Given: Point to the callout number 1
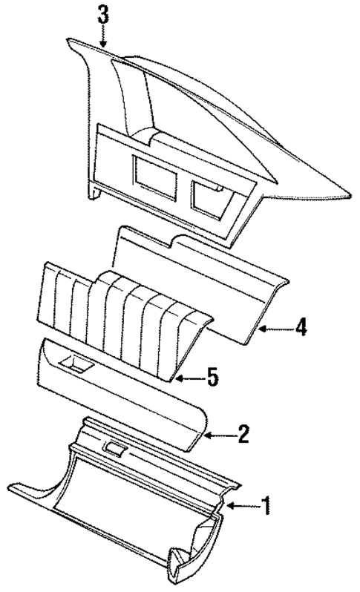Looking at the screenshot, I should coord(265,507).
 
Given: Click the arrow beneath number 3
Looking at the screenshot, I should coord(103,37).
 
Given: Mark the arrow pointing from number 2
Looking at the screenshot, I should coord(219,435).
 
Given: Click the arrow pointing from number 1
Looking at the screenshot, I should coord(242,507).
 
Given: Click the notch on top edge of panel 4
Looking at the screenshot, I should coord(178,242).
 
